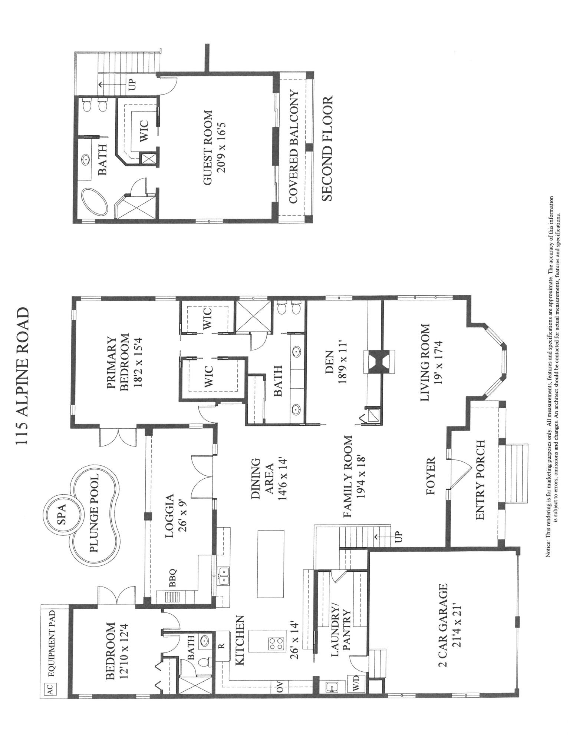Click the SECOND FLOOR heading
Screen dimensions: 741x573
click(327, 148)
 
